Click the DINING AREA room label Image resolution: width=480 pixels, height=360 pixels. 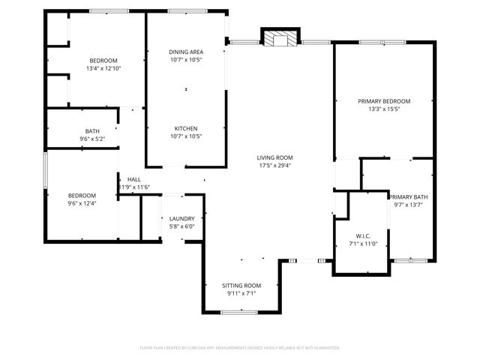coord(186,52)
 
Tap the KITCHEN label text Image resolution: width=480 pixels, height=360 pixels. coord(186,128)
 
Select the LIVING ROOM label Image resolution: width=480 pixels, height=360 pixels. coord(275,157)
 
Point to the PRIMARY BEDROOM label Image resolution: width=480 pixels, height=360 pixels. coord(384,101)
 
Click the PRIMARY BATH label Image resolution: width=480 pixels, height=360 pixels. coord(409,196)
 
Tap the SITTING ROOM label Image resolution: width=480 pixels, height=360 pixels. coord(241,286)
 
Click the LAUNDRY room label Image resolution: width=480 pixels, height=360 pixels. coord(181,218)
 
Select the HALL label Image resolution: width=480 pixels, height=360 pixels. coord(134,179)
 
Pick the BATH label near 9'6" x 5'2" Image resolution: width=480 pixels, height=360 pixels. coord(92,130)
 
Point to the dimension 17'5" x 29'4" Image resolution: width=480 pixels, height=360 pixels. coord(275,166)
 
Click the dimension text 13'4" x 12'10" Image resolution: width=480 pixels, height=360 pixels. coord(103,68)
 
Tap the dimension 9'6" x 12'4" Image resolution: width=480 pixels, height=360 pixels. coord(82,202)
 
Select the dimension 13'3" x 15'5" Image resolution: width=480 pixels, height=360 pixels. coord(384,109)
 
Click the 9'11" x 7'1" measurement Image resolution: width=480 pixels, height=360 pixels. coord(241,294)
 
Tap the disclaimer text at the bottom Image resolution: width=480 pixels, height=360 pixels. coord(240,348)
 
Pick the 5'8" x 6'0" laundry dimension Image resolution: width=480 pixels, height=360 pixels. coord(181,226)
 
